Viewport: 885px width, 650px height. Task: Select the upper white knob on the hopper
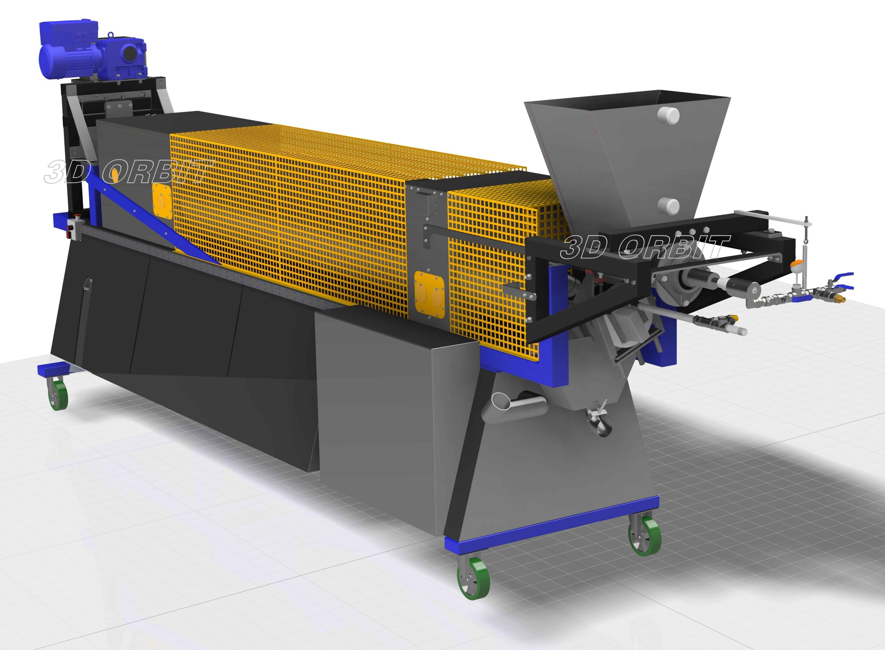[x=668, y=115]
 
